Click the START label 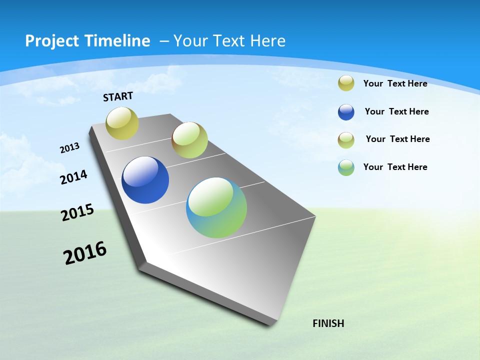coord(118,96)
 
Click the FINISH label coord(328,323)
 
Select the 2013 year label coord(70,147)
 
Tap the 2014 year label coord(74,177)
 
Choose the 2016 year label coord(85,253)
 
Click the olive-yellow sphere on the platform coord(122,123)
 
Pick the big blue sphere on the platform coord(145,180)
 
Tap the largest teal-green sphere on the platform coord(216,207)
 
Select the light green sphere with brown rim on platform coord(189,140)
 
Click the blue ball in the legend coord(346,112)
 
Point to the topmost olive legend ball coord(346,83)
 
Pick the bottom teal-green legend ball coord(346,167)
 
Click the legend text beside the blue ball coord(396,111)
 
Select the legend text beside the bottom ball coord(395,167)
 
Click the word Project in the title coord(52,41)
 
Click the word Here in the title coord(267,41)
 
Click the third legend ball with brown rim coord(346,140)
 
